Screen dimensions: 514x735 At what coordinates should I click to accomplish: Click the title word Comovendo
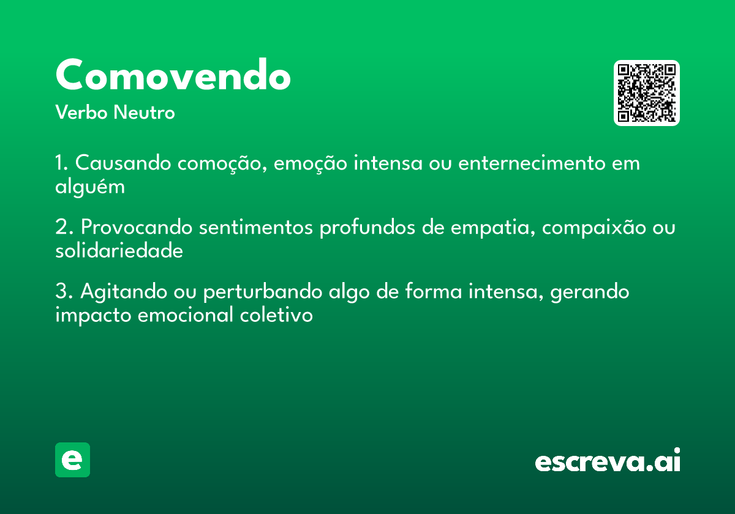point(173,76)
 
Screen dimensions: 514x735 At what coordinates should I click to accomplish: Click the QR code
point(647,93)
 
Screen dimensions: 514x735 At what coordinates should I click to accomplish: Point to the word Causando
point(126,164)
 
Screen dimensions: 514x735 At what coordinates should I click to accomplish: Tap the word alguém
point(90,187)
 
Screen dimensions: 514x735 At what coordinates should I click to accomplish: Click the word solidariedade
point(119,251)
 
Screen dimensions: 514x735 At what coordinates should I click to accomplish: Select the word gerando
point(590,292)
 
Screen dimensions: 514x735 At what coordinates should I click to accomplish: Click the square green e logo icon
point(72,460)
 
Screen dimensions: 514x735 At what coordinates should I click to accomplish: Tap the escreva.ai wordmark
point(608,460)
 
